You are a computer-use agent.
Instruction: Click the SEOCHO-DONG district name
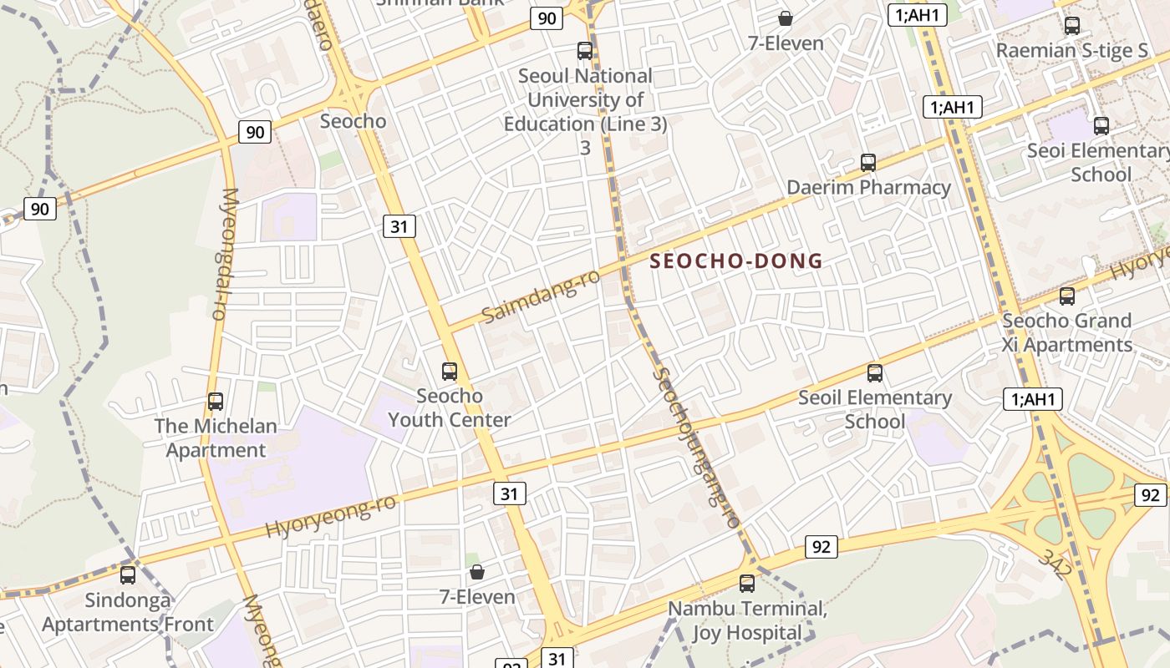(x=736, y=261)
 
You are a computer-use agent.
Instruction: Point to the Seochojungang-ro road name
(x=695, y=447)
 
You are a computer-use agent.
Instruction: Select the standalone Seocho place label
(x=354, y=121)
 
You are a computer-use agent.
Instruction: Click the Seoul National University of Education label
(x=585, y=99)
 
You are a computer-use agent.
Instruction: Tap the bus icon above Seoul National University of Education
(x=585, y=51)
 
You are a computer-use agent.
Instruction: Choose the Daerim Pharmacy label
(x=868, y=187)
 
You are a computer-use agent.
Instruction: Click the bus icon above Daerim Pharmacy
(x=868, y=163)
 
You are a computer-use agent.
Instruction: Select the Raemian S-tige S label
(x=1072, y=50)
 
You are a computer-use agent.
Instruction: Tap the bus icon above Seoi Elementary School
(x=1101, y=126)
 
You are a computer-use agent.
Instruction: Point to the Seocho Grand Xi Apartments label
(x=1067, y=332)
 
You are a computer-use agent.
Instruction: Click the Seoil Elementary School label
(x=875, y=409)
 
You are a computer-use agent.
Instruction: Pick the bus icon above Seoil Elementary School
(x=875, y=373)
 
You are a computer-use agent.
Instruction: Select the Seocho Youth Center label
(x=450, y=407)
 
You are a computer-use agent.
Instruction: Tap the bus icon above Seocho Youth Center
(x=450, y=372)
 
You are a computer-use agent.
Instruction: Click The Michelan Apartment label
(x=216, y=438)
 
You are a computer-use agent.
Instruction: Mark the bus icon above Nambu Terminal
(x=747, y=584)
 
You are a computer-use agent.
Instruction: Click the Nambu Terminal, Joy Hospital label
(x=747, y=620)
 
